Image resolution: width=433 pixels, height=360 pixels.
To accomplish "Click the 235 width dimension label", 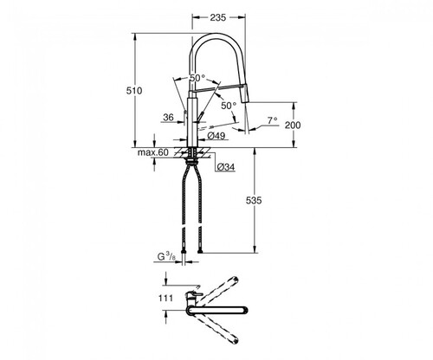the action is pyautogui.click(x=217, y=17).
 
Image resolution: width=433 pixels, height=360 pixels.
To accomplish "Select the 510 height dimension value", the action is pyautogui.click(x=134, y=91).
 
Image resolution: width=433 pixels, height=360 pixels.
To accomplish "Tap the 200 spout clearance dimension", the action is pyautogui.click(x=293, y=125).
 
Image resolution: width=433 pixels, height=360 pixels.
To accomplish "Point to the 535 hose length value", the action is pyautogui.click(x=254, y=200).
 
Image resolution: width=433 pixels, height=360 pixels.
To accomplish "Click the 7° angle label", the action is pyautogui.click(x=272, y=120).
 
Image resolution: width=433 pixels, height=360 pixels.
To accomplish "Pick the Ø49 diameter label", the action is pyautogui.click(x=216, y=135).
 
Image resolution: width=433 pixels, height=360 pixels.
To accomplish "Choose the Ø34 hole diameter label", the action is pyautogui.click(x=226, y=167).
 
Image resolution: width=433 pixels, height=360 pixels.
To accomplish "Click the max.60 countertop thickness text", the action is pyautogui.click(x=152, y=152).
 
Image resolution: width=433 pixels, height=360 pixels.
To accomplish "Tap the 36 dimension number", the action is pyautogui.click(x=169, y=117).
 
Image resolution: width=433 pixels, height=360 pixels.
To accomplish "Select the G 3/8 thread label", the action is pyautogui.click(x=166, y=256).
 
